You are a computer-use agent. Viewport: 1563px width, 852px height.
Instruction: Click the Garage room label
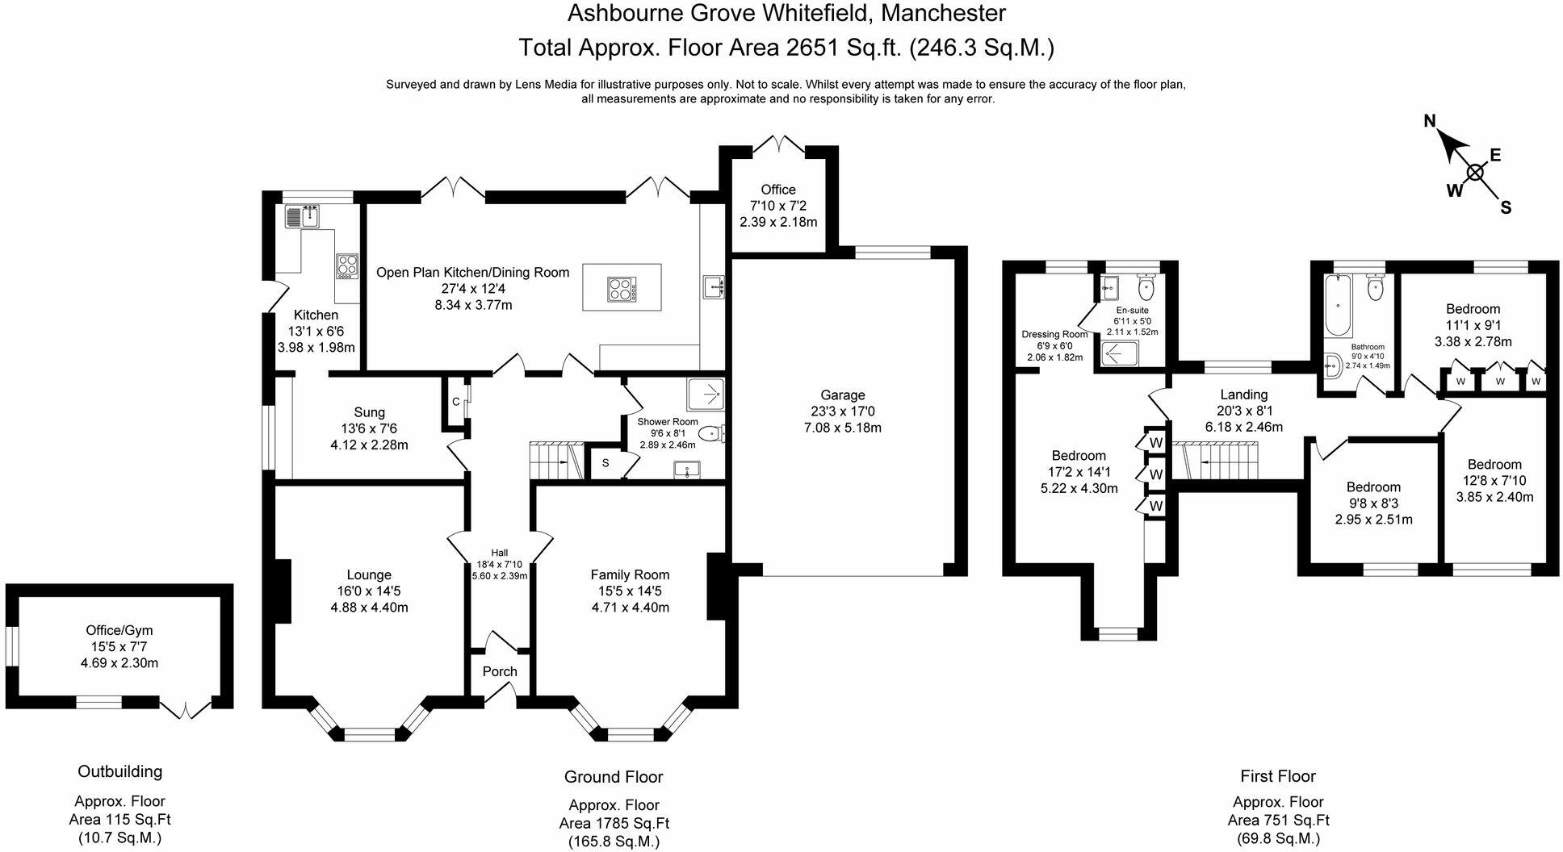click(x=842, y=395)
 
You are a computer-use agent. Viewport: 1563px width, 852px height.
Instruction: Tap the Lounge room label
click(x=369, y=575)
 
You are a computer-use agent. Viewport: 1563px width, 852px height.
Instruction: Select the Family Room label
click(x=630, y=575)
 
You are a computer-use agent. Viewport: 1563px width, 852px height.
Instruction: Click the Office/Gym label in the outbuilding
click(x=119, y=631)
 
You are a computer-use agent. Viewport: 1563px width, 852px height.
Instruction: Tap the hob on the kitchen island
click(x=622, y=289)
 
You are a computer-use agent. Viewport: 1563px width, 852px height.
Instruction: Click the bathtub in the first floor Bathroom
click(x=1339, y=306)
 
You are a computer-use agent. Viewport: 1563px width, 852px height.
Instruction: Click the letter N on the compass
click(x=1430, y=122)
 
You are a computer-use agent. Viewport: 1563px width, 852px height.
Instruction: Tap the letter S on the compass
click(x=1506, y=207)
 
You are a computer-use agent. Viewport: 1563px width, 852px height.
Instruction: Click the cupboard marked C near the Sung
click(x=455, y=402)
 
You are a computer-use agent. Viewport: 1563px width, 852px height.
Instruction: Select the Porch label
click(x=500, y=672)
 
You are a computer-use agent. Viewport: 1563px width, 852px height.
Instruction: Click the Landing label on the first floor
click(x=1243, y=395)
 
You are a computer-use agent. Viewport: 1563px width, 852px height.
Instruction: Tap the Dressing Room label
click(x=1054, y=334)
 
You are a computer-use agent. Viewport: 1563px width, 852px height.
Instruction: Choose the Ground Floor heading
click(x=614, y=777)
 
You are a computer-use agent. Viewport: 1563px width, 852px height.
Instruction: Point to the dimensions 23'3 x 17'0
click(x=842, y=411)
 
